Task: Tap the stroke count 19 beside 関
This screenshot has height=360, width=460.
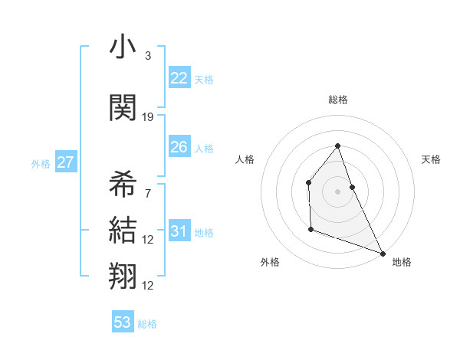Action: click(148, 116)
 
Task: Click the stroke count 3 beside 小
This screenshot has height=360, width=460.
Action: click(148, 56)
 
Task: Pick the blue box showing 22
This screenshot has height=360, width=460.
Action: click(179, 78)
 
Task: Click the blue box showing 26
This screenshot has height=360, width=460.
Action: click(179, 147)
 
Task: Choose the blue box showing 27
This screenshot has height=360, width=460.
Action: click(65, 162)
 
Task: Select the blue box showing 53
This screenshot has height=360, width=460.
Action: click(123, 322)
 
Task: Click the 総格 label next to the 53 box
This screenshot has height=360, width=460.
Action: click(147, 324)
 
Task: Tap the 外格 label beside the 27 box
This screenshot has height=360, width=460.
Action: click(41, 164)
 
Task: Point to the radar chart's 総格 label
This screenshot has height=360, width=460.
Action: click(337, 100)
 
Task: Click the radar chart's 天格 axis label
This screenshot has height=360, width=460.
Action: click(432, 159)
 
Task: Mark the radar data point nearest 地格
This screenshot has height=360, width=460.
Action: click(383, 254)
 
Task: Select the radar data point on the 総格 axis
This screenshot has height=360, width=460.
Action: click(337, 146)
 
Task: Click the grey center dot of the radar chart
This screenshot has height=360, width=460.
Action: click(337, 191)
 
